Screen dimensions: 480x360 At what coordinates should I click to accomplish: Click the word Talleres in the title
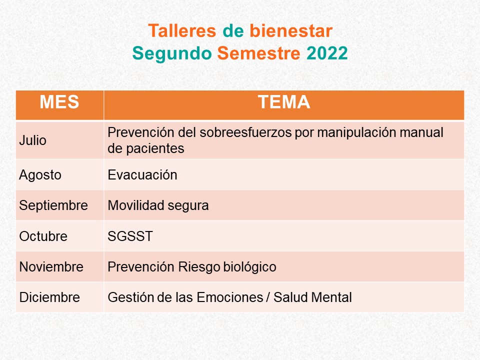pyautogui.click(x=182, y=31)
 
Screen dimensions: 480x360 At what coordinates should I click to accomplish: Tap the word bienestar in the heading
pyautogui.click(x=291, y=31)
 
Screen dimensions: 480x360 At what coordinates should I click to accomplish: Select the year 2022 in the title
pyautogui.click(x=327, y=53)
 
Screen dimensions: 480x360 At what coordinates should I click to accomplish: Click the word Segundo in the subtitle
pyautogui.click(x=172, y=54)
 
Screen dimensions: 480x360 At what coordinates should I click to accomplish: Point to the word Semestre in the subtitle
pyautogui.click(x=259, y=53)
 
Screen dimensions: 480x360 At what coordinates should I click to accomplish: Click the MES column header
pyautogui.click(x=59, y=102)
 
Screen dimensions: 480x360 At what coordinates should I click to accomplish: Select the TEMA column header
pyautogui.click(x=284, y=102)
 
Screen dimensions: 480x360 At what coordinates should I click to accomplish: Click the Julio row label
pyautogui.click(x=33, y=140)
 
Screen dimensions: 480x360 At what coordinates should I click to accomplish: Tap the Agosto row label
pyautogui.click(x=40, y=175)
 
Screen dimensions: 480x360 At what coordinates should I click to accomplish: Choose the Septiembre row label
pyautogui.click(x=53, y=205)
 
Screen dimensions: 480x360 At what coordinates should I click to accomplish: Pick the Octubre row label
pyautogui.click(x=43, y=236)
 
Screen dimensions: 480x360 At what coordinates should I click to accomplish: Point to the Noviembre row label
pyautogui.click(x=51, y=267)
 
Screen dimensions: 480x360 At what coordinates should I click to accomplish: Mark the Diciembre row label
pyautogui.click(x=49, y=297)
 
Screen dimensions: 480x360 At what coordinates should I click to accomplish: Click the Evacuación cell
pyautogui.click(x=142, y=175)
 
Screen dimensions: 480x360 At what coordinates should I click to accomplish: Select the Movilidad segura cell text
pyautogui.click(x=158, y=206)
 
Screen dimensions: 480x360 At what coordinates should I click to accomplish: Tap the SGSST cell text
pyautogui.click(x=130, y=236)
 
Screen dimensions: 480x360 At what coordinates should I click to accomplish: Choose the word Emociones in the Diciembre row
pyautogui.click(x=230, y=297)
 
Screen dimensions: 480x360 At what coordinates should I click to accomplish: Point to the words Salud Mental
pyautogui.click(x=312, y=297)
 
